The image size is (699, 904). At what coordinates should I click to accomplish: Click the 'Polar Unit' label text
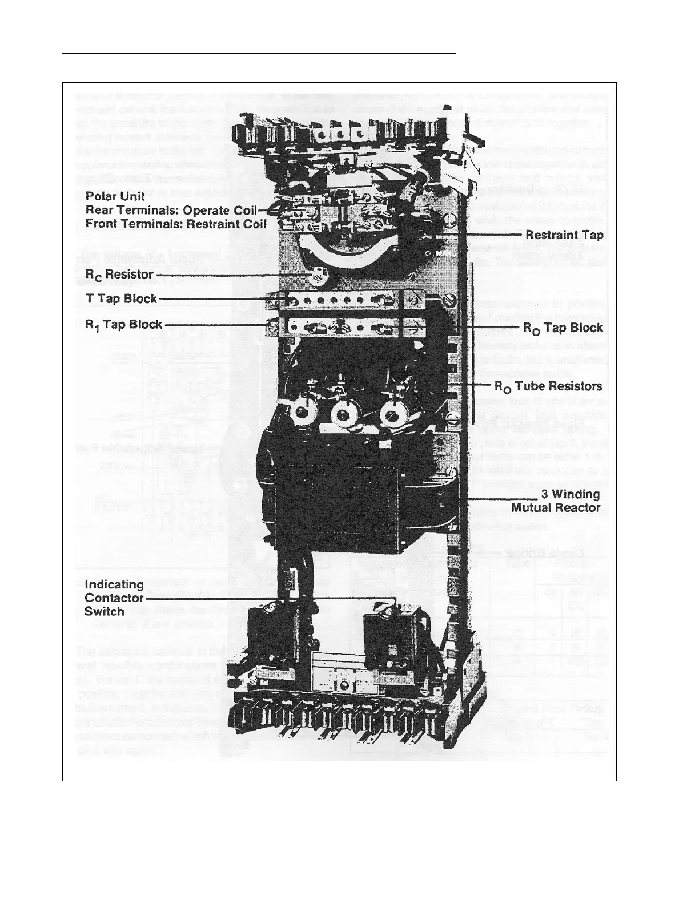tap(115, 197)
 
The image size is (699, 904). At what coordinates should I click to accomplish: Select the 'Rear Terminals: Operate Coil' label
tap(171, 210)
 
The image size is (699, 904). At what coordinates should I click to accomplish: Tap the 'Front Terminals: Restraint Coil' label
tap(175, 223)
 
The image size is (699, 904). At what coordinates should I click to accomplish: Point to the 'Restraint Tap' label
tap(564, 235)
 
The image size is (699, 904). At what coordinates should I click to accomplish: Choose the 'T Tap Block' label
tap(121, 299)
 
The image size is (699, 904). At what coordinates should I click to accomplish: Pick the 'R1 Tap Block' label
tap(123, 325)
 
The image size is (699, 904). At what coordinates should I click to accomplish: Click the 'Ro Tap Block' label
tap(563, 328)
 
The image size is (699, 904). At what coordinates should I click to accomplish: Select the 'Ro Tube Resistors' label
tap(548, 386)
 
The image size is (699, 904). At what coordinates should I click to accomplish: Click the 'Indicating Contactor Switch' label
tap(114, 598)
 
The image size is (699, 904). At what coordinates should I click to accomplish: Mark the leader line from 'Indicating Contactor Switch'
tap(257, 598)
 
